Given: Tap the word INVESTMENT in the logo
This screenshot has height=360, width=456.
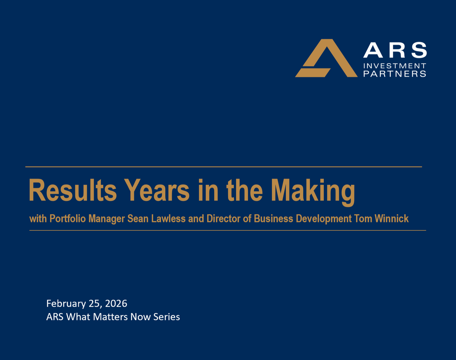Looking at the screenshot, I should pyautogui.click(x=395, y=66).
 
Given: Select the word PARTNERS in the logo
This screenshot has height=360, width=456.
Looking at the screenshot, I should pyautogui.click(x=395, y=74).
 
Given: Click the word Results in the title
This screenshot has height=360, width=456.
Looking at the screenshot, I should pyautogui.click(x=73, y=191).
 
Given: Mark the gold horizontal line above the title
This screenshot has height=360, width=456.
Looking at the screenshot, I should pyautogui.click(x=223, y=167).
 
